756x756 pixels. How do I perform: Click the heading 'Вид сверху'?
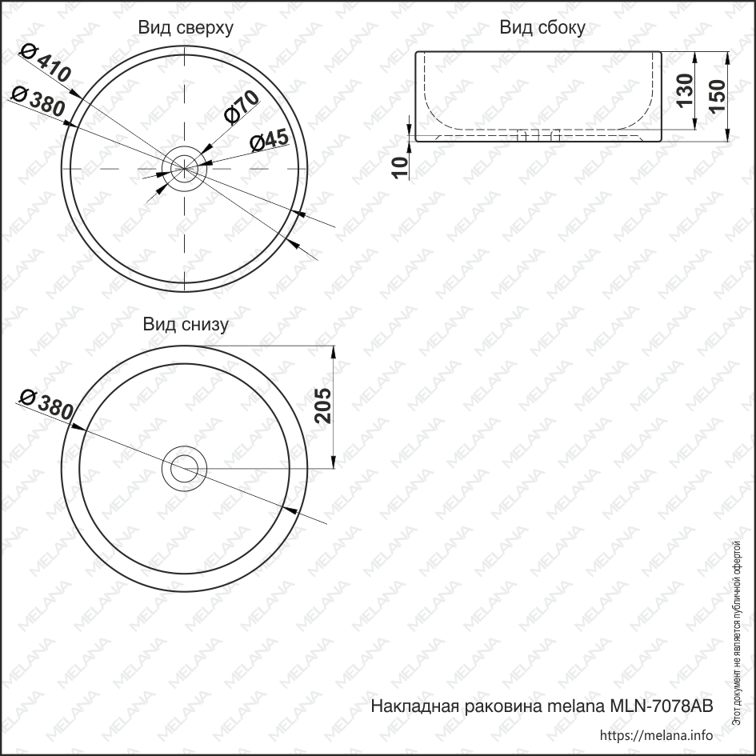(x=186, y=28)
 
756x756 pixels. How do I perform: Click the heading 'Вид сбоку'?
(x=542, y=28)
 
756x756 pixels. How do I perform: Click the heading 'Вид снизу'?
(x=186, y=324)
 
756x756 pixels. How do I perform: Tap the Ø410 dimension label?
(x=45, y=66)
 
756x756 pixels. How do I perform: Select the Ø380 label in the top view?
(x=38, y=103)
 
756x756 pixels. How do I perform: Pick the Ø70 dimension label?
(x=242, y=106)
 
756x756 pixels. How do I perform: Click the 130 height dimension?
(x=685, y=91)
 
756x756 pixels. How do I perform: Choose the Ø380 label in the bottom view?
(x=45, y=404)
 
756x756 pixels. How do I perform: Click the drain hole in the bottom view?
(x=185, y=469)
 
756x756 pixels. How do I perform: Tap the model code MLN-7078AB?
(x=661, y=706)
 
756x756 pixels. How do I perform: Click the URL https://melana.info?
(x=655, y=735)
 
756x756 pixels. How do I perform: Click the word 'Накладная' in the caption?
(x=413, y=706)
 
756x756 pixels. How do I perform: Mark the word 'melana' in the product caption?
(x=577, y=706)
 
